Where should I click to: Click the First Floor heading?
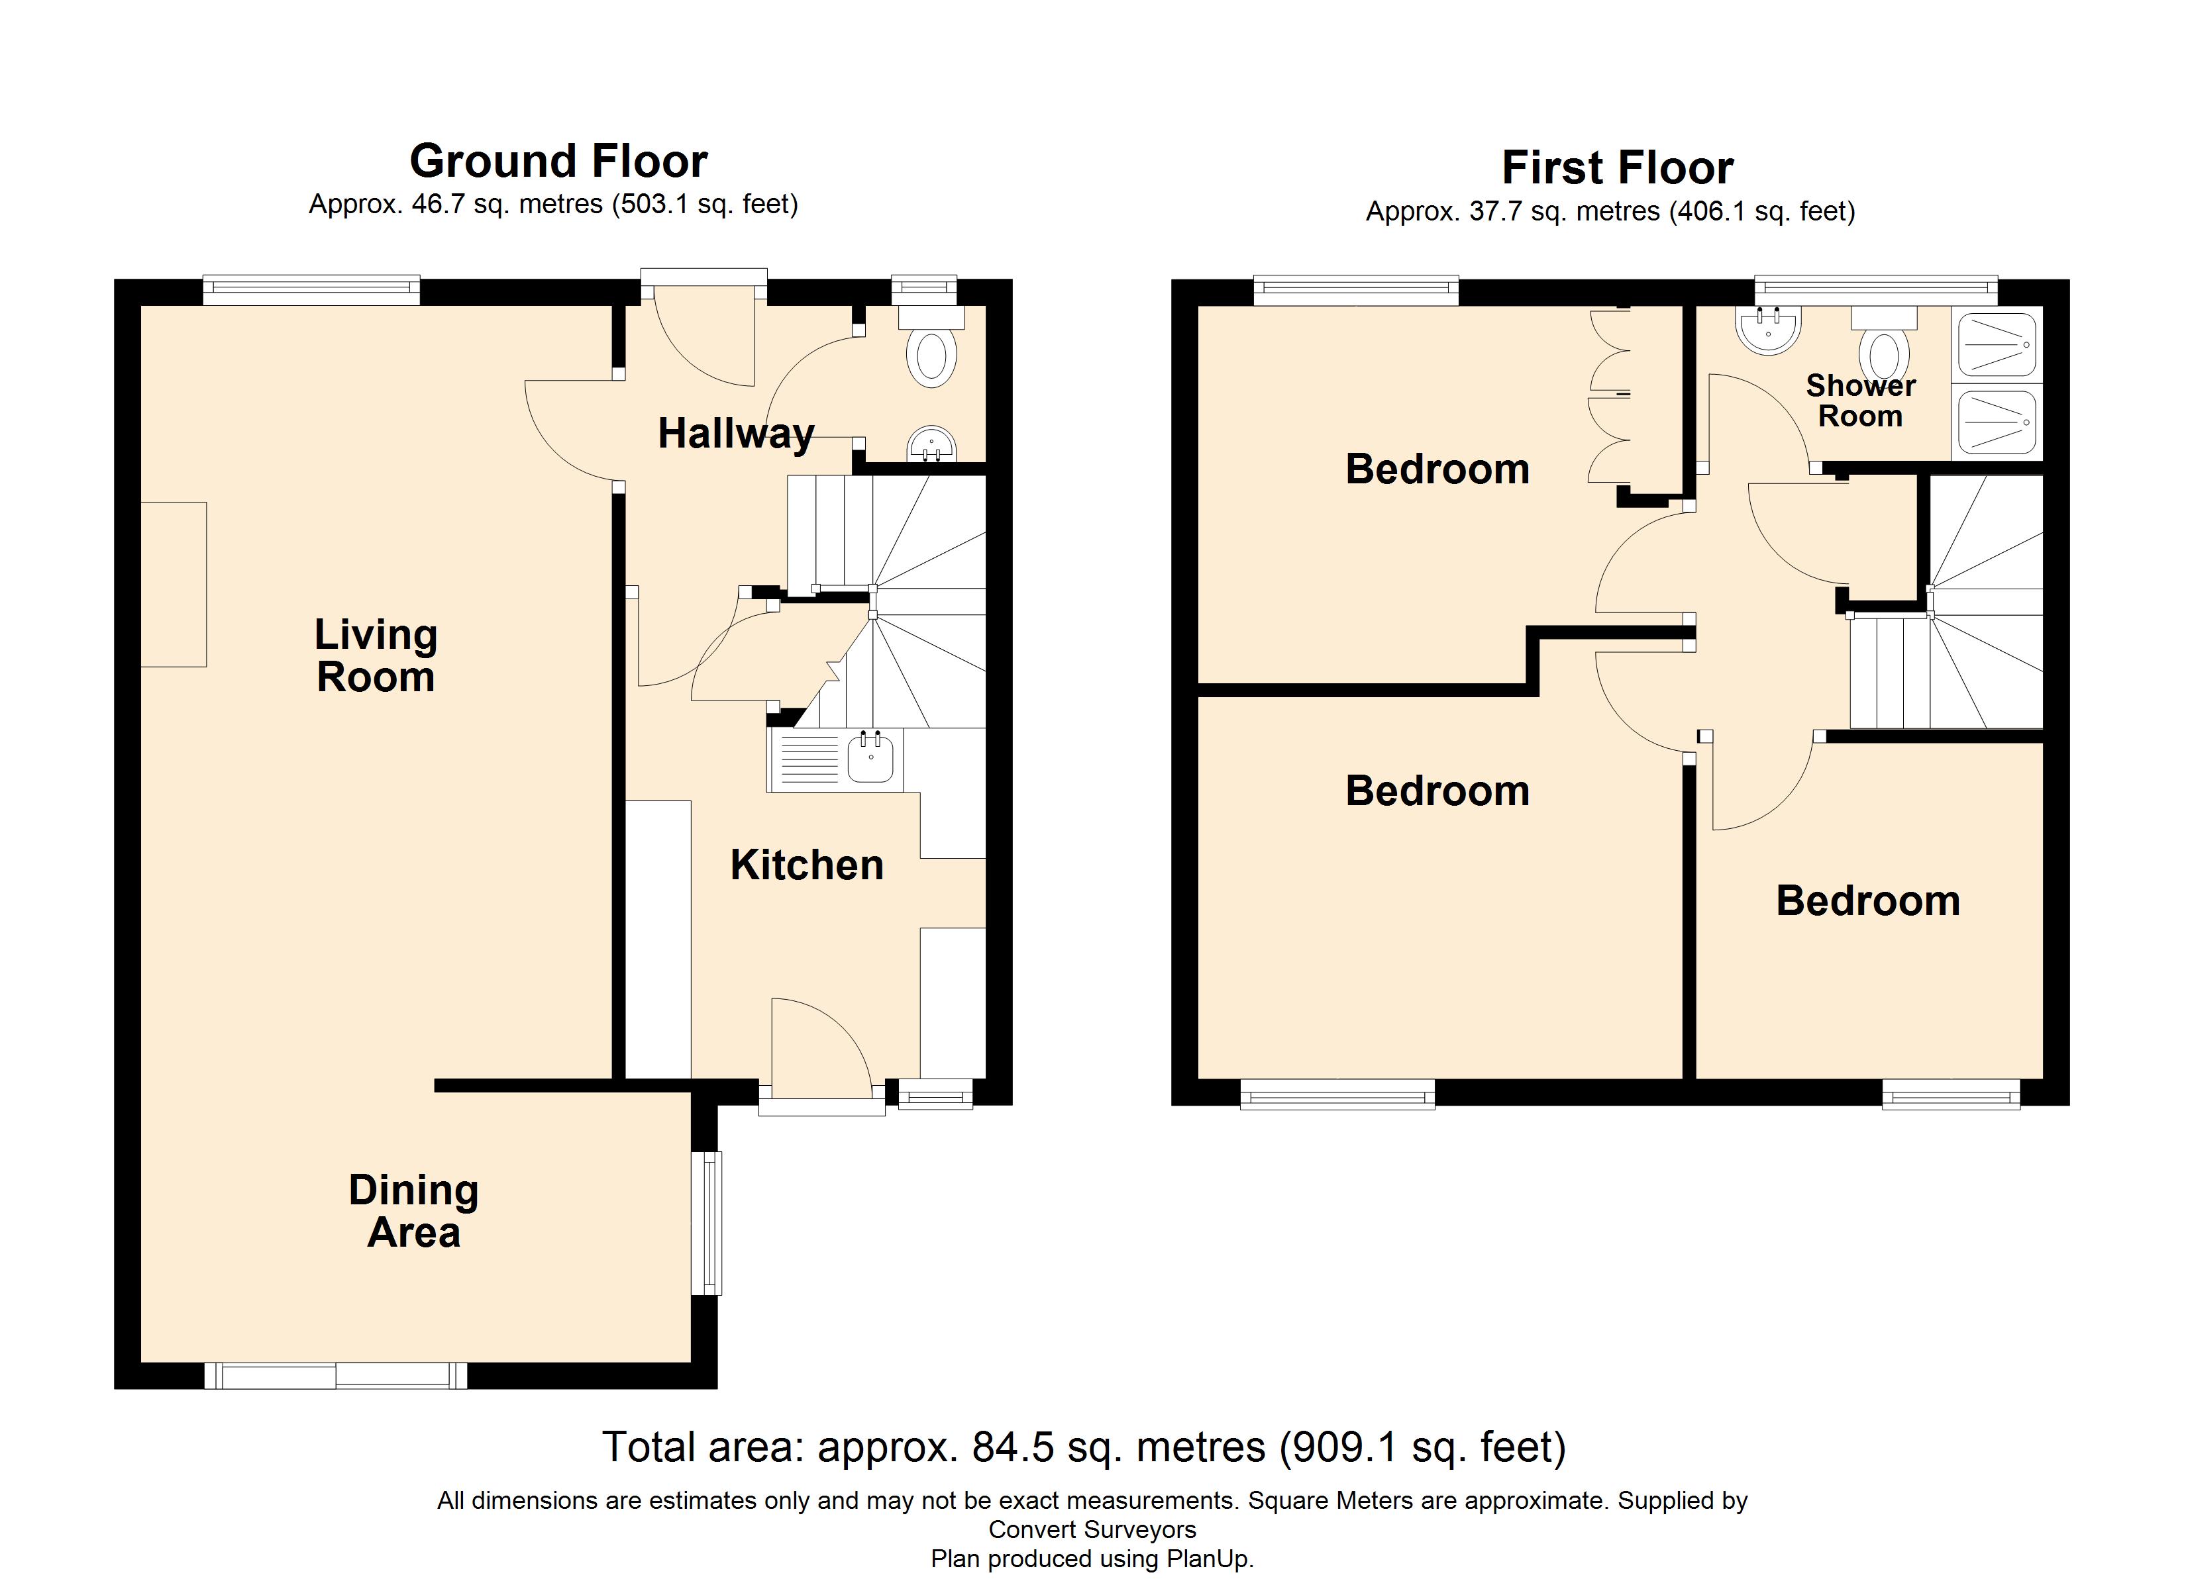(x=1618, y=168)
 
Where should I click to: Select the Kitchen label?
(x=807, y=865)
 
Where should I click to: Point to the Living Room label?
(x=376, y=655)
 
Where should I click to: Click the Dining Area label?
(x=413, y=1210)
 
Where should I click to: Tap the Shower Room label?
(x=1860, y=400)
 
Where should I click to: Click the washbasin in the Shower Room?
(x=1768, y=328)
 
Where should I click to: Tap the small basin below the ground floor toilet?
(x=931, y=445)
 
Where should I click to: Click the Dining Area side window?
(x=708, y=1223)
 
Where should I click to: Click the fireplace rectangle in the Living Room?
(x=174, y=584)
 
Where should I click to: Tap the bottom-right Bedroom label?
(x=1868, y=901)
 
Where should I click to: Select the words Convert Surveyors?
(x=1092, y=1529)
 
